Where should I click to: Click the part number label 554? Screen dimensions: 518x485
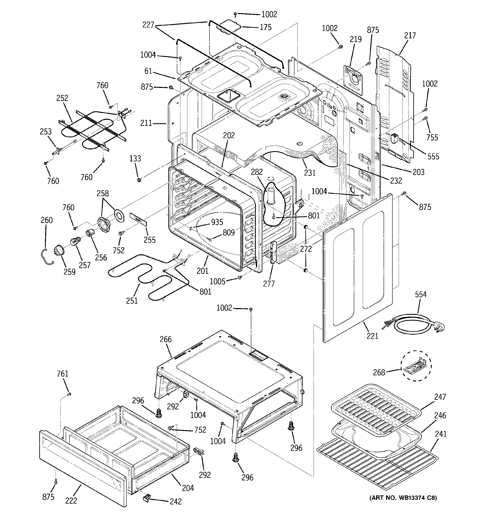421,294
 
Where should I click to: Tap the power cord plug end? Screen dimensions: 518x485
439,326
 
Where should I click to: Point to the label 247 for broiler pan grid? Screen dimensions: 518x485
440,397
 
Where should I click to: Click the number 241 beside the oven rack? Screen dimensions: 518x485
440,434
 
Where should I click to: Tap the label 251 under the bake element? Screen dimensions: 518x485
132,301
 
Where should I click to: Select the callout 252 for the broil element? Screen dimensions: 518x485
62,98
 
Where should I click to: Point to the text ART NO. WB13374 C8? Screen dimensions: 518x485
403,498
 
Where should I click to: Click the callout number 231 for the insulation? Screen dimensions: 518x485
310,172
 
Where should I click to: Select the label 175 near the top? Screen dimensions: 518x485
265,27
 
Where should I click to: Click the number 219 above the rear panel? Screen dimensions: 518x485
356,39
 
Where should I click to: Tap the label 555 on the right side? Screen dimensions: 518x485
433,156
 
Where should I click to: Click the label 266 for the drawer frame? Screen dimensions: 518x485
166,339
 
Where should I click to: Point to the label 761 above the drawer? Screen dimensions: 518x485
63,374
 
